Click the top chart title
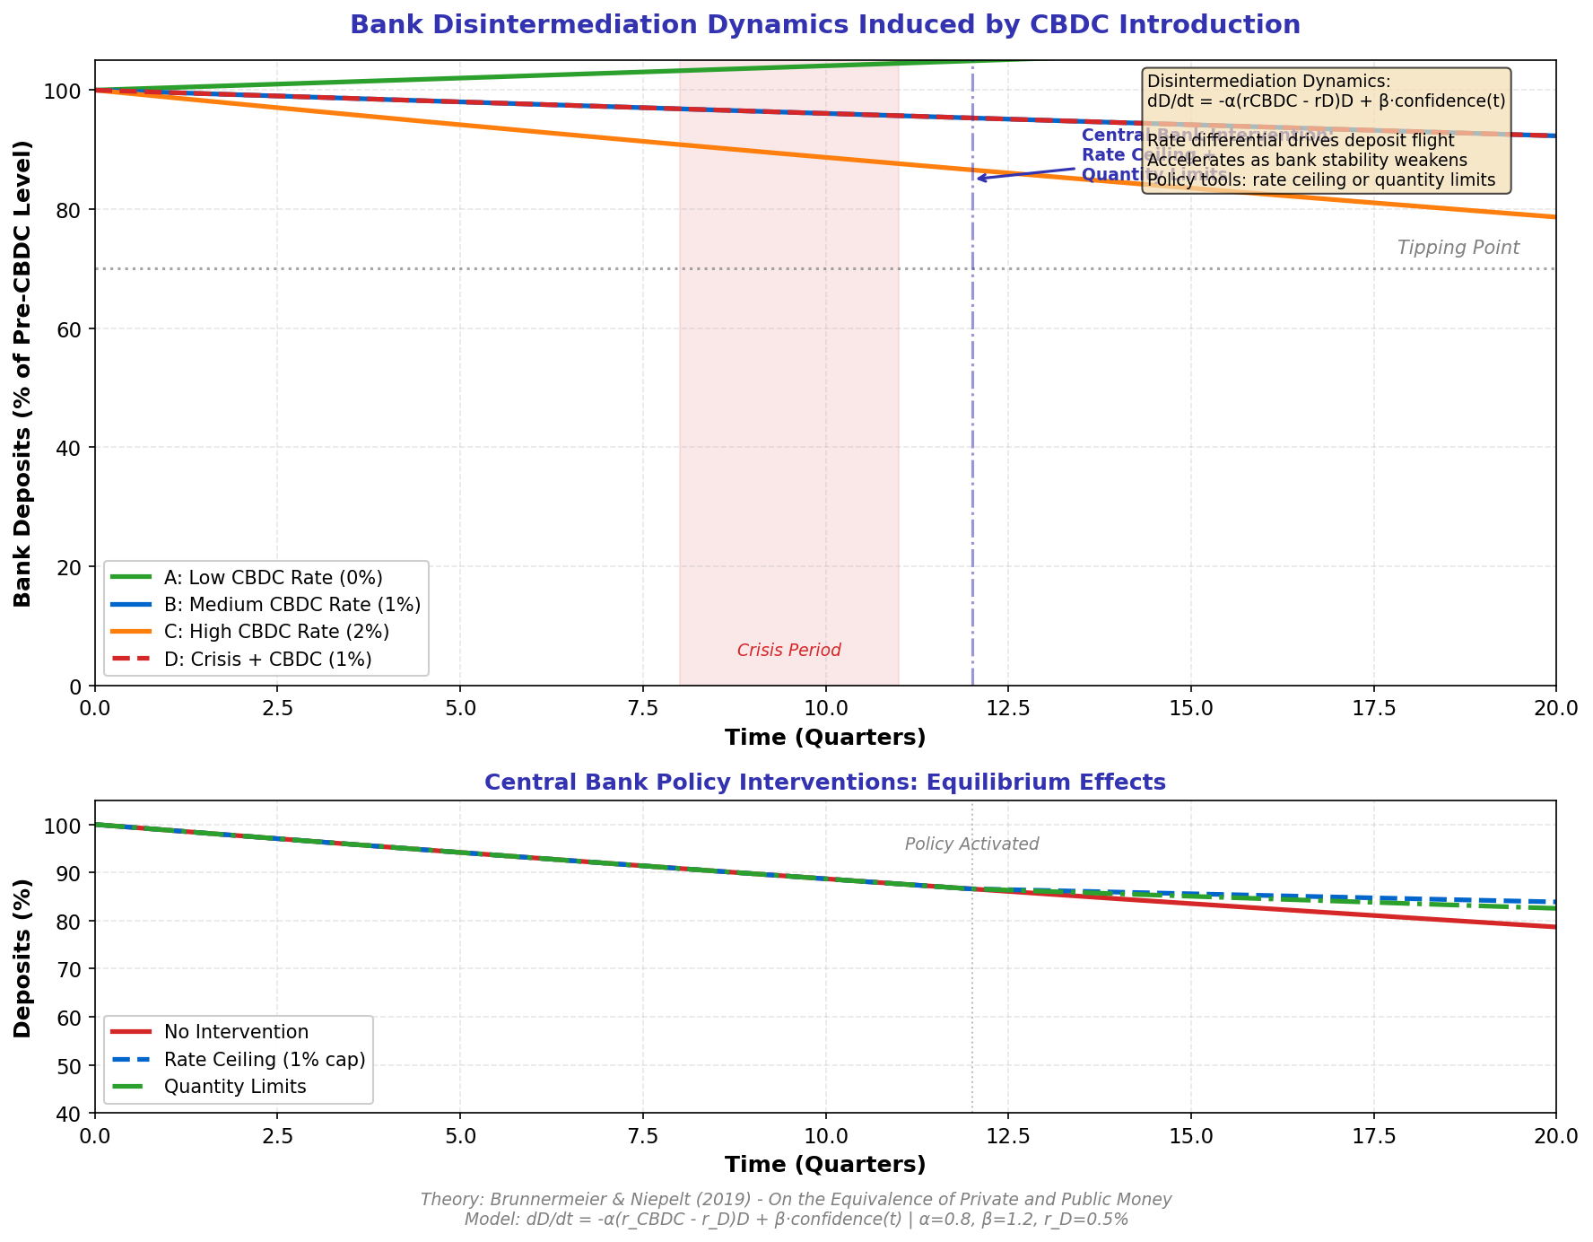[x=824, y=25]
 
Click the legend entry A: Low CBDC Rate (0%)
[x=273, y=577]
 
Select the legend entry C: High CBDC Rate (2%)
[x=276, y=632]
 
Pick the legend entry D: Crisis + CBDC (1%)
[x=267, y=660]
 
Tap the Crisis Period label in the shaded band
[x=788, y=651]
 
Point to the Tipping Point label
[x=1458, y=249]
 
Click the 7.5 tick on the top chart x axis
[x=643, y=707]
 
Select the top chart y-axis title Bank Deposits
[x=23, y=373]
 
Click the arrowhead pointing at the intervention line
[x=979, y=179]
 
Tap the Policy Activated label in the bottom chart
[x=971, y=844]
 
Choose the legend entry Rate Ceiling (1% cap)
[x=265, y=1060]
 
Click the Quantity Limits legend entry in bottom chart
[x=235, y=1087]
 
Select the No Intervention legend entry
[x=236, y=1033]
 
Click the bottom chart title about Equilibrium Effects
[x=824, y=783]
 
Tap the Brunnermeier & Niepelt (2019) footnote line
[x=796, y=1200]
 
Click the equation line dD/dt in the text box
[x=1326, y=101]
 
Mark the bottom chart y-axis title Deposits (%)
[x=23, y=958]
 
